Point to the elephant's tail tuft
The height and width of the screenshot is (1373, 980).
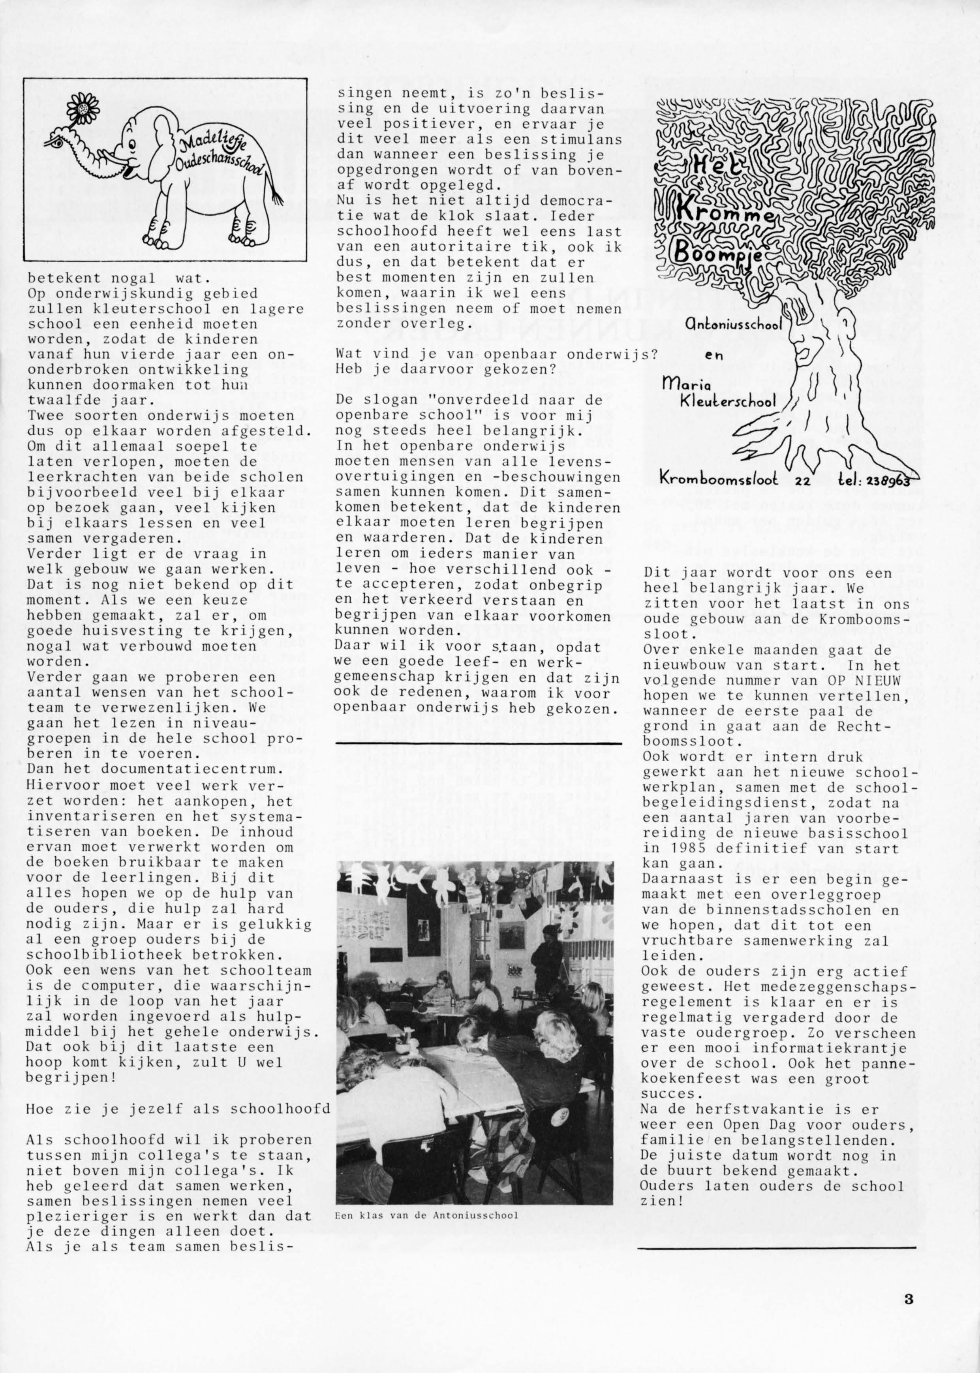(x=278, y=197)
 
